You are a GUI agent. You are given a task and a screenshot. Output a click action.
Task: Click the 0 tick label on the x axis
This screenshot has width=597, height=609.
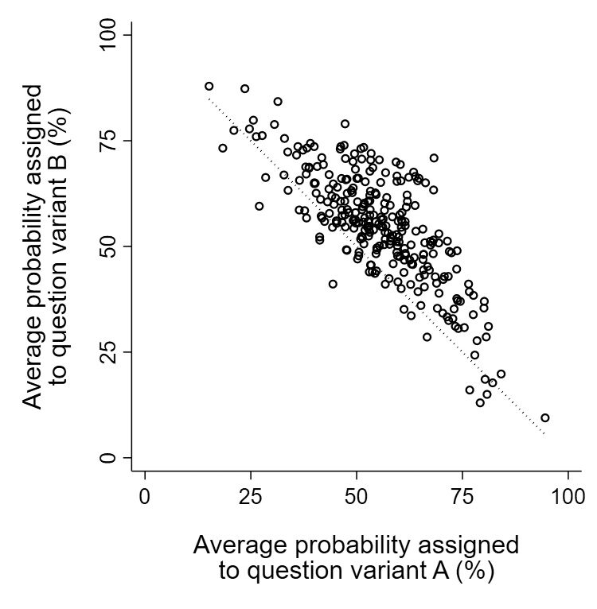[x=144, y=497]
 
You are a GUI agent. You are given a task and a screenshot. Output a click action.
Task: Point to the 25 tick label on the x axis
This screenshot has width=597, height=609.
[x=250, y=497]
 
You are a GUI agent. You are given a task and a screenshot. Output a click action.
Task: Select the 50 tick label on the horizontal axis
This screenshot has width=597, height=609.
[x=357, y=497]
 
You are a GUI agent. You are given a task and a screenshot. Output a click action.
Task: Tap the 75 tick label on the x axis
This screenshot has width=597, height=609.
[x=462, y=497]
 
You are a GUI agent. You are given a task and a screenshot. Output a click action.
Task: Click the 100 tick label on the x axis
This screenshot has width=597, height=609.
[x=568, y=497]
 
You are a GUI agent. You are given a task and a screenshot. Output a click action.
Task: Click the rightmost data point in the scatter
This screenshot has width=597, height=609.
[x=545, y=417]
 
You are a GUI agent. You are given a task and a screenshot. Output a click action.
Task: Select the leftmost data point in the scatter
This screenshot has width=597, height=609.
[x=209, y=86]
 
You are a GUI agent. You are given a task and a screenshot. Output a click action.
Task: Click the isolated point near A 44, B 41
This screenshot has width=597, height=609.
[x=333, y=284]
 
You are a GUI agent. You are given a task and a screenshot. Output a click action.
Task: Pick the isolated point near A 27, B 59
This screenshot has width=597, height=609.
[x=259, y=206]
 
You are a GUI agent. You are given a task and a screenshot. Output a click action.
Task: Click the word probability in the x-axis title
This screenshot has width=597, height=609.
[x=359, y=545]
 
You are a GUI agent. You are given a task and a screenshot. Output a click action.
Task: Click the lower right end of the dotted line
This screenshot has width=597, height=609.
[x=544, y=435]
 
